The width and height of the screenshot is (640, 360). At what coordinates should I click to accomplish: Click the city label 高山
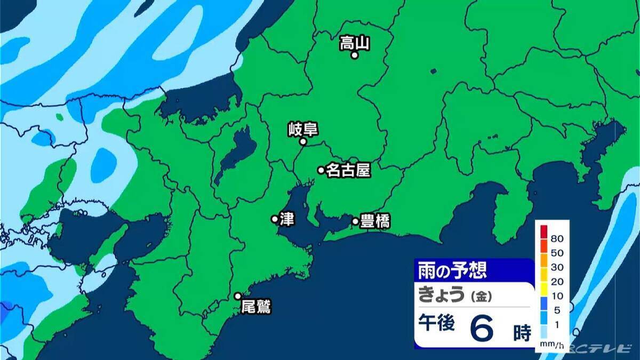[x=355, y=42]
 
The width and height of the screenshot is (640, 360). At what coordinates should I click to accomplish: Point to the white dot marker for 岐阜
[x=303, y=142]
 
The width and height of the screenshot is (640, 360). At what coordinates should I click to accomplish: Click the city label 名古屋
[x=348, y=170]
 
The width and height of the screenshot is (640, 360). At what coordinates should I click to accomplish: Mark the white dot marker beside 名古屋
[x=321, y=170]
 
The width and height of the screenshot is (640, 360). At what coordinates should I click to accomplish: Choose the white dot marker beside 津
[x=275, y=219]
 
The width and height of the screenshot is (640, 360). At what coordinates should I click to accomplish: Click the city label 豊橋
[x=375, y=221]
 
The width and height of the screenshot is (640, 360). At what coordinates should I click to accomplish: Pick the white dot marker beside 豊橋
[x=355, y=221]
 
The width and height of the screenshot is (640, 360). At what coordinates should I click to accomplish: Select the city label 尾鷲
[x=256, y=307]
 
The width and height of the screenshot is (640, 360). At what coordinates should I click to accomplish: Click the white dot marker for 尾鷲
[x=238, y=296]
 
